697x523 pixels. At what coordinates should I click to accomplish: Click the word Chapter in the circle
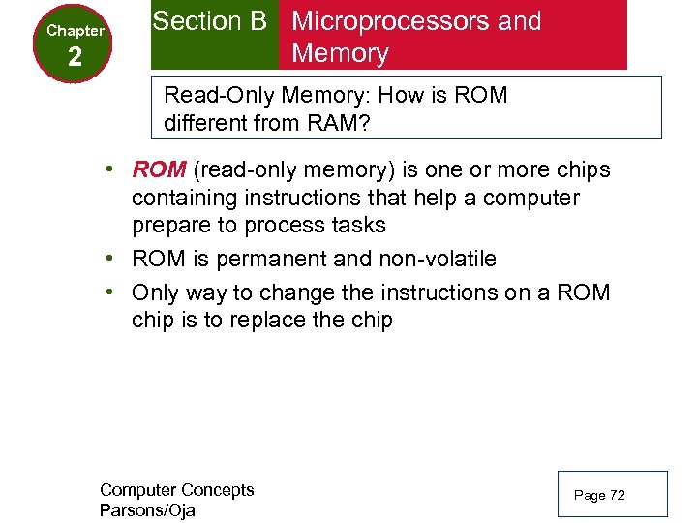point(76,31)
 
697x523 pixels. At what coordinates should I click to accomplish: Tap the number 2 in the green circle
point(76,58)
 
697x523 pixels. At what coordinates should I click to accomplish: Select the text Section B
point(209,21)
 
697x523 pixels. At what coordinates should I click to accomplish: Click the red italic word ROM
point(159,170)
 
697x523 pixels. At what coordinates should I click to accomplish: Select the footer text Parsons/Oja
point(147,510)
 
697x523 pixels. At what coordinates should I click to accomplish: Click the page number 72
point(616,496)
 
